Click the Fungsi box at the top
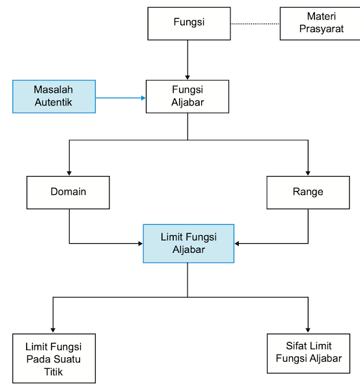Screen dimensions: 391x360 click(x=189, y=23)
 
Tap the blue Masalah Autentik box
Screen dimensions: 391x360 click(x=54, y=96)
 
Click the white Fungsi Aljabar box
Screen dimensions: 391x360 click(x=187, y=96)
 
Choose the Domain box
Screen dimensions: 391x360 click(x=68, y=192)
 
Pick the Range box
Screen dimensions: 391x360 click(x=308, y=192)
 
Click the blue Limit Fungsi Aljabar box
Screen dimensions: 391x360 click(x=188, y=243)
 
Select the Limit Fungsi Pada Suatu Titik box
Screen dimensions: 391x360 click(x=54, y=358)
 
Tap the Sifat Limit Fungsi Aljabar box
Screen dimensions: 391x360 click(x=308, y=353)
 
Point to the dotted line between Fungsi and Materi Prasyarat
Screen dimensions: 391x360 click(x=255, y=23)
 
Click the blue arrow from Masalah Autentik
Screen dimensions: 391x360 click(x=120, y=98)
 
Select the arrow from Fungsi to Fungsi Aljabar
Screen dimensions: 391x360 click(x=187, y=59)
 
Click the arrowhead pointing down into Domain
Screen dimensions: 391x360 click(x=69, y=171)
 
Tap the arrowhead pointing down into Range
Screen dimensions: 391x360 click(x=308, y=171)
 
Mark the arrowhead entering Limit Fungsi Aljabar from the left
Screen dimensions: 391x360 click(x=139, y=244)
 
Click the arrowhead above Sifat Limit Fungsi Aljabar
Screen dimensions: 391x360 click(x=308, y=328)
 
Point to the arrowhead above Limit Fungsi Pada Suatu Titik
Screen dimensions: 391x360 click(x=53, y=329)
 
